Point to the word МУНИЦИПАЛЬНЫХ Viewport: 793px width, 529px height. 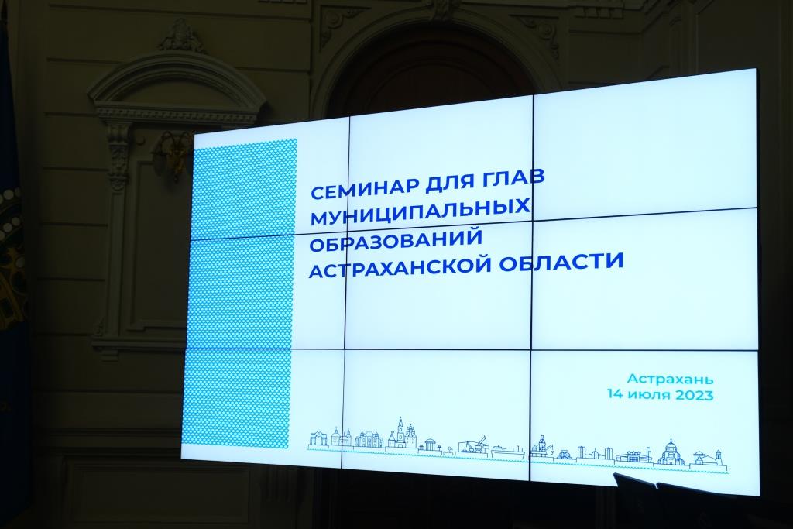(420, 212)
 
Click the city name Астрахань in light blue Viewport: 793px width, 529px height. (670, 379)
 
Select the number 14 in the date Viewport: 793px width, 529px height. (616, 394)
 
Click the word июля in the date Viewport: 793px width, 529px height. (648, 394)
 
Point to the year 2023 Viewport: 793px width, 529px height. (693, 395)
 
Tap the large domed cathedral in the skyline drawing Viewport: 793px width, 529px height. (671, 453)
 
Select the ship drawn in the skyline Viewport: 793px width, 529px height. (506, 451)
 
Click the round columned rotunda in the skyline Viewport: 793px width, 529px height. (431, 445)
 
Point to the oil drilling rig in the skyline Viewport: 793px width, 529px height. (541, 445)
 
